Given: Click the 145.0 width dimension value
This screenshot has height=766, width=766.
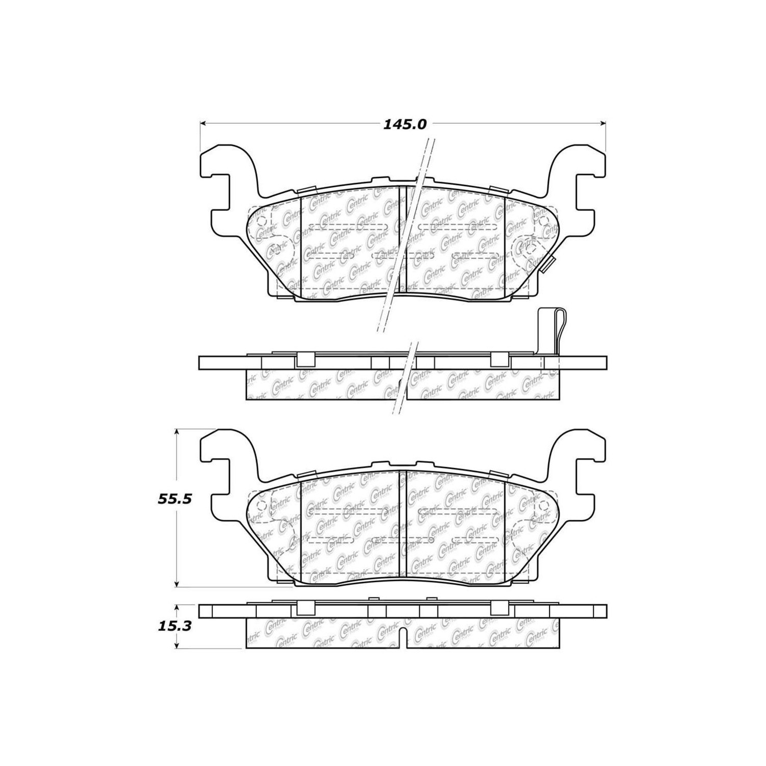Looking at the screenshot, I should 404,124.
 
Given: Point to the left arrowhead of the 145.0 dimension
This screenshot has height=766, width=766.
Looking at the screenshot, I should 202,123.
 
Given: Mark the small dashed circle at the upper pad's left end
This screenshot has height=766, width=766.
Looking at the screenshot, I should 261,221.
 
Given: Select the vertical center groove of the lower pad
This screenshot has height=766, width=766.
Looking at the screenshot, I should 401,526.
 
